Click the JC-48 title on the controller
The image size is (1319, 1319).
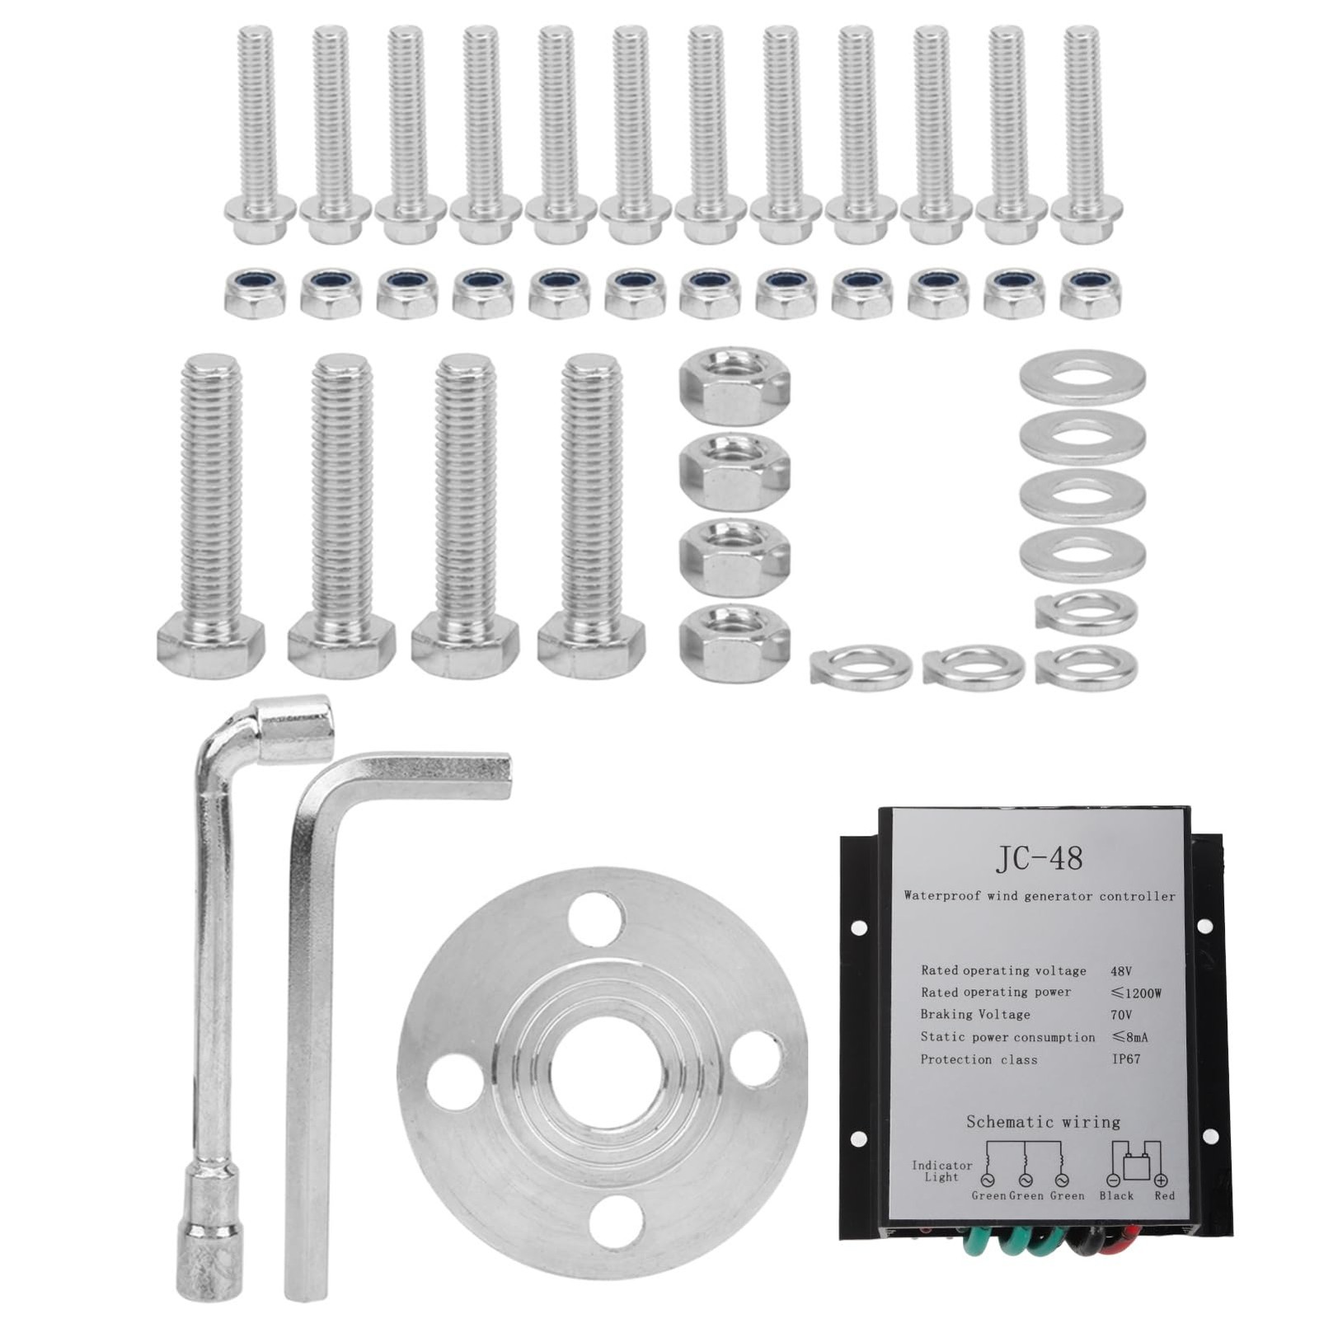(1038, 858)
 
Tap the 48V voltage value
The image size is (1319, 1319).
(1121, 971)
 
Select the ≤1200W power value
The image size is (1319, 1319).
(1136, 993)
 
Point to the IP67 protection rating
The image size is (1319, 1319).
(1125, 1058)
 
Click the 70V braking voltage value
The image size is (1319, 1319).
(1121, 1015)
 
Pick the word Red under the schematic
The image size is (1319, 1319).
(1164, 1195)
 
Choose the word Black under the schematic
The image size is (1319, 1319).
(1116, 1195)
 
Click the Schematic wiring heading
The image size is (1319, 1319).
(1043, 1122)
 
